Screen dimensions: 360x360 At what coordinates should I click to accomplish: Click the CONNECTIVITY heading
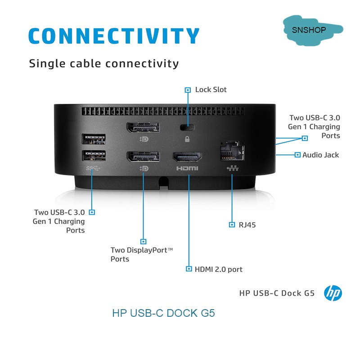coord(113,36)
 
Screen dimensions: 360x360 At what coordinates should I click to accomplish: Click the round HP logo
coord(333,293)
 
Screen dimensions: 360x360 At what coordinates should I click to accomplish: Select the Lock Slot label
coord(211,90)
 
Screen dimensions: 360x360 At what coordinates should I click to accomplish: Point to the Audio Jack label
coord(320,155)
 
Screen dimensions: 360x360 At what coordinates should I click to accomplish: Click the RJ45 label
coord(247,225)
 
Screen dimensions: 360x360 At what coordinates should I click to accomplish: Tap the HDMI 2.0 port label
coord(218,269)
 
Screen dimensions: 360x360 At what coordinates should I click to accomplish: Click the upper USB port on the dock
coord(94,139)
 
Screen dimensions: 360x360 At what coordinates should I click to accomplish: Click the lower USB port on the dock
coord(94,155)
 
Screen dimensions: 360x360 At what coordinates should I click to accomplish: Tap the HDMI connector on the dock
coord(188,157)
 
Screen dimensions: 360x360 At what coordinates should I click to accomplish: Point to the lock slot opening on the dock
coord(184,126)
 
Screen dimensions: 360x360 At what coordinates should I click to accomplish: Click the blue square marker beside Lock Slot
coord(188,90)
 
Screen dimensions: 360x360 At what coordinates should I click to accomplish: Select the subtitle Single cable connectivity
coord(104,63)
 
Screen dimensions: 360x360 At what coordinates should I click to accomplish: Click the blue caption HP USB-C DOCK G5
coord(163,313)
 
